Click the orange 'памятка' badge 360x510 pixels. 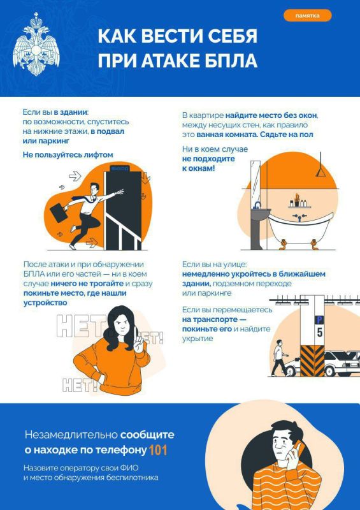click(x=308, y=15)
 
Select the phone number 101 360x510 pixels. click(x=158, y=450)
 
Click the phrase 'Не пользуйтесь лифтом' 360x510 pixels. click(x=68, y=154)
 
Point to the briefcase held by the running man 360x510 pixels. click(x=62, y=210)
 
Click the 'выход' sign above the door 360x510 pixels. click(x=119, y=168)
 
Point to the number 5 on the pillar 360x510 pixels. click(x=320, y=332)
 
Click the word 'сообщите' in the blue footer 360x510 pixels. click(x=147, y=435)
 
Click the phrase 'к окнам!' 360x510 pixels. click(x=198, y=168)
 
